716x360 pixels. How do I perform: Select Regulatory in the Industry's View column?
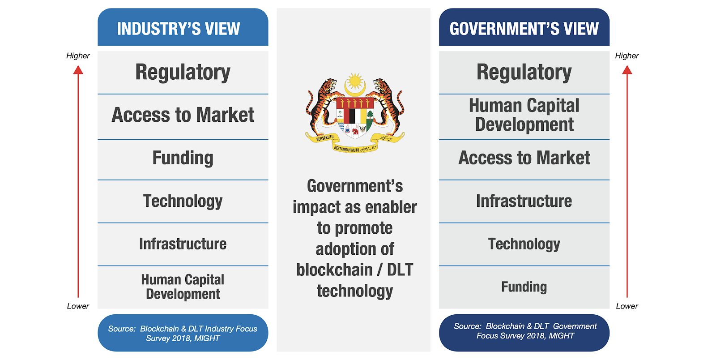pos(183,72)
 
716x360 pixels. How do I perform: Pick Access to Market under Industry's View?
pos(183,115)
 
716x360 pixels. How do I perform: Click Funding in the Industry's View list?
pos(183,158)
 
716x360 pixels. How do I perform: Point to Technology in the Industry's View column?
pos(183,201)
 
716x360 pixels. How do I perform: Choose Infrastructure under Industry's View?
pos(183,244)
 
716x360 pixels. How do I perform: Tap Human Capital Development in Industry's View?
pos(183,287)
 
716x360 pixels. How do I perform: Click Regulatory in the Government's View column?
pos(524,72)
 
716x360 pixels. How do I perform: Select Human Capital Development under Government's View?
pos(524,115)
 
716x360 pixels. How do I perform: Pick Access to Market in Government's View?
pos(524,158)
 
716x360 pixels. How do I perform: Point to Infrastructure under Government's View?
pos(524,201)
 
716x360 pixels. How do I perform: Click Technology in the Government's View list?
pos(524,244)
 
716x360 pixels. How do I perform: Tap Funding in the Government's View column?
pos(524,287)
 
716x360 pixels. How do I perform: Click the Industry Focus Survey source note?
pos(183,334)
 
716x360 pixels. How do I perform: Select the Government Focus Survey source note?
pos(524,331)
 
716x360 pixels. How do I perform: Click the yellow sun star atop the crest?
pos(355,81)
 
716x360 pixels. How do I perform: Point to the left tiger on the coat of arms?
pos(321,106)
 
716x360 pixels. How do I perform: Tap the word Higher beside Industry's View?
pos(78,56)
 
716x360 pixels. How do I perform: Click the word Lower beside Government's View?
pos(627,306)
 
